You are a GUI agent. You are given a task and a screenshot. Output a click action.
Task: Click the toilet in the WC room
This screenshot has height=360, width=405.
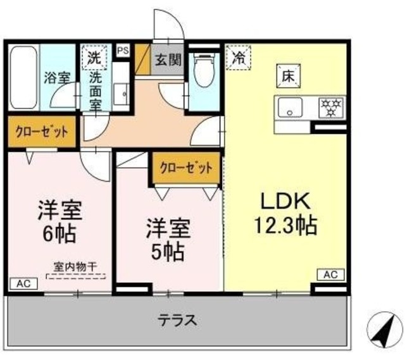click(204, 73)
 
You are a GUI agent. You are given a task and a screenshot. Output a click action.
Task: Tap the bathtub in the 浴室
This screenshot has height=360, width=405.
click(22, 79)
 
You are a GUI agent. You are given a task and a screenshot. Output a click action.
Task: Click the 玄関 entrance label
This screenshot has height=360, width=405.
click(168, 61)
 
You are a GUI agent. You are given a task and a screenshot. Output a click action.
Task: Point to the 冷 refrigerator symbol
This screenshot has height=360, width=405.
click(239, 58)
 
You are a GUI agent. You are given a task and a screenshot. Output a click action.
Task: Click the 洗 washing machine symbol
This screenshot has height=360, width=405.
click(94, 56)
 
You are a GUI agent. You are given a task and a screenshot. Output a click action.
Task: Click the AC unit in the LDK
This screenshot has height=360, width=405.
click(330, 274)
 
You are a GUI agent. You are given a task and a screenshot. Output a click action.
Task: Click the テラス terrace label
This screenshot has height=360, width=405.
click(177, 320)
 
